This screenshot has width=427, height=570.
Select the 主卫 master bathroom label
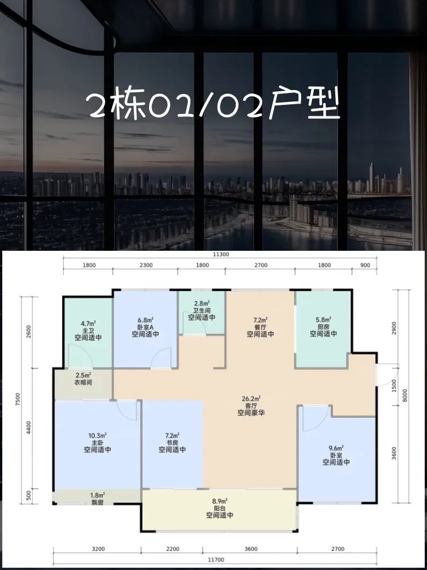tap(88, 330)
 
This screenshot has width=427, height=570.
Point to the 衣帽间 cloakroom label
tap(83, 382)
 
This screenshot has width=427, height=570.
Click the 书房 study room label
tap(173, 442)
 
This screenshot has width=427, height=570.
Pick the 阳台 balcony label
tap(220, 508)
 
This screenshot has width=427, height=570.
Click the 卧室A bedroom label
tap(145, 327)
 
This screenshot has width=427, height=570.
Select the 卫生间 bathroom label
tap(202, 311)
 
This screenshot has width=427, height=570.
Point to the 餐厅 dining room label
tap(260, 327)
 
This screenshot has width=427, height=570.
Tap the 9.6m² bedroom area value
tap(336, 448)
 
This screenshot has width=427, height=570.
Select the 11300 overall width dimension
tap(221, 254)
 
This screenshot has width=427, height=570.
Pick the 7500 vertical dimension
tap(19, 400)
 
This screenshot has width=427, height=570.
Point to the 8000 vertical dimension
tap(405, 396)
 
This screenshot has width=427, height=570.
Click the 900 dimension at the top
tap(365, 266)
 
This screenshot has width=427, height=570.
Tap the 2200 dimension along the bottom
tap(172, 549)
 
